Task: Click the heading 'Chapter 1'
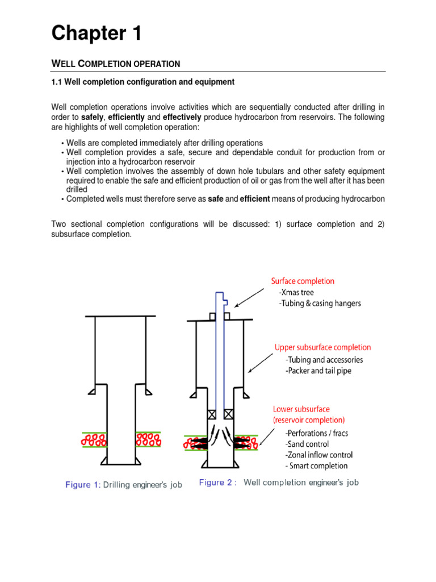tap(97, 34)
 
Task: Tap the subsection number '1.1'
tap(57, 82)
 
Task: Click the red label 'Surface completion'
tap(303, 281)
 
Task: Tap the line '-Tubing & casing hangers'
tap(320, 304)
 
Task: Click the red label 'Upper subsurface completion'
tap(322, 347)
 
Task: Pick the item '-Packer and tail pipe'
tap(320, 370)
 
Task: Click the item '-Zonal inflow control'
tap(318, 455)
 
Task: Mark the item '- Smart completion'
tap(316, 466)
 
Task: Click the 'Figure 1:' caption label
tap(86, 485)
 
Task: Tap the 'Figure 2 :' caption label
tap(218, 483)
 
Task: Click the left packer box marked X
tap(212, 414)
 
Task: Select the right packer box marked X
tap(229, 414)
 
